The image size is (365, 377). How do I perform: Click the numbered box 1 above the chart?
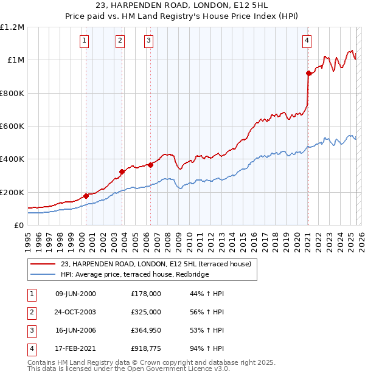pyautogui.click(x=84, y=41)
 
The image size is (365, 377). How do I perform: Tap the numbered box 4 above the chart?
pyautogui.click(x=307, y=41)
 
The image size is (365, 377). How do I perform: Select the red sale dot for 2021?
pyautogui.click(x=308, y=74)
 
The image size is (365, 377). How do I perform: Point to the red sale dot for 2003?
pyautogui.click(x=122, y=171)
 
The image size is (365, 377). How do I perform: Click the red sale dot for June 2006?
pyautogui.click(x=150, y=164)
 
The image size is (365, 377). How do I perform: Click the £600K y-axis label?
pyautogui.click(x=12, y=126)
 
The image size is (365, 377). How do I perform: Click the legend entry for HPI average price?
pyautogui.click(x=134, y=274)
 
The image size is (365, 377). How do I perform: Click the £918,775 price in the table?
pyautogui.click(x=146, y=348)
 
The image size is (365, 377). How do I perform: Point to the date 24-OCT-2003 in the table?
pyautogui.click(x=75, y=312)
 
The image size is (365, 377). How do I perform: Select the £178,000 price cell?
pyautogui.click(x=146, y=294)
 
